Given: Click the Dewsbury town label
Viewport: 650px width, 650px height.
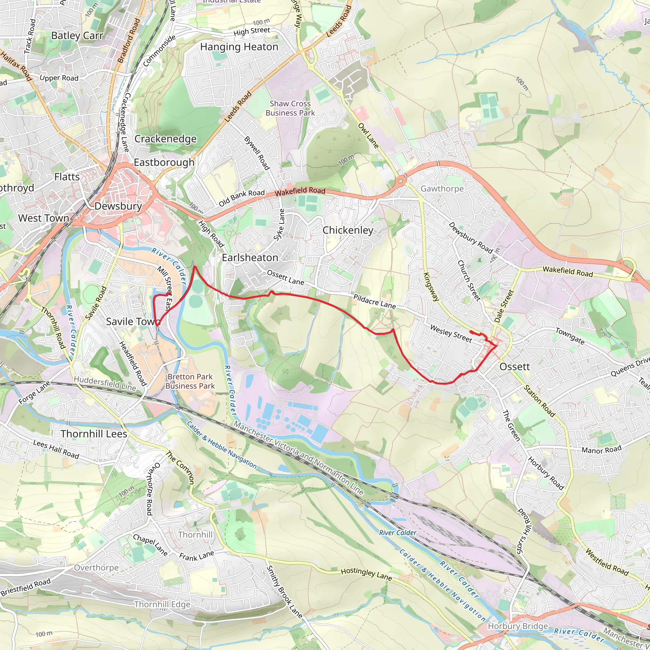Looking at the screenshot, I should point(118,206).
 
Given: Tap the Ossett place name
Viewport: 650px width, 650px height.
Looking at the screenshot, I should point(514,367).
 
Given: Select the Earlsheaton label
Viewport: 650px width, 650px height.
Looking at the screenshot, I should point(250,258).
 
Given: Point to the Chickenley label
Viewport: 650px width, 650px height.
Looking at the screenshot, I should point(348,230).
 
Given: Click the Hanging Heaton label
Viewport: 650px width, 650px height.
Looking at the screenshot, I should point(239,47).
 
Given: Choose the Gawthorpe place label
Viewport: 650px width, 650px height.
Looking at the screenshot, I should point(442,189).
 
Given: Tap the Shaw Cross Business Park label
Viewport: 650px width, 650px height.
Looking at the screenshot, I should point(290,108).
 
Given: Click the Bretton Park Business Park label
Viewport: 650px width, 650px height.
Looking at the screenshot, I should point(190,381).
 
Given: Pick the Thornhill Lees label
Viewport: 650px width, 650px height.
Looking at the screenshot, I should point(94,434).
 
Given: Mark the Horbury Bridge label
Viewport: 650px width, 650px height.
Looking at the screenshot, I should point(518,626).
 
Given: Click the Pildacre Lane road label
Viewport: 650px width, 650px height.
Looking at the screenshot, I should point(375,302).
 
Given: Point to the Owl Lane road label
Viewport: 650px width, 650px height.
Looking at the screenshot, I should point(368,136).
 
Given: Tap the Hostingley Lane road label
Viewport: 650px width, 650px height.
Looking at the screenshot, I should point(366,574).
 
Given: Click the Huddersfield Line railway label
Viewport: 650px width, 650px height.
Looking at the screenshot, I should point(105,383).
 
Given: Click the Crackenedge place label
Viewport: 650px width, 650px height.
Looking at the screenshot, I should point(166,139).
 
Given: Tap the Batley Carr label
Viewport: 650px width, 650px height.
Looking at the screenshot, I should point(77,36).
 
